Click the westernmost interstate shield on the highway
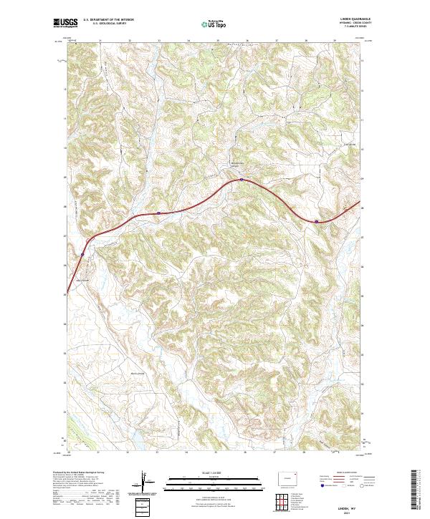[82, 253]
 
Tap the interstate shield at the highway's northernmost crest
[242, 180]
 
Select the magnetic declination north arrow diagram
[144, 484]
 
